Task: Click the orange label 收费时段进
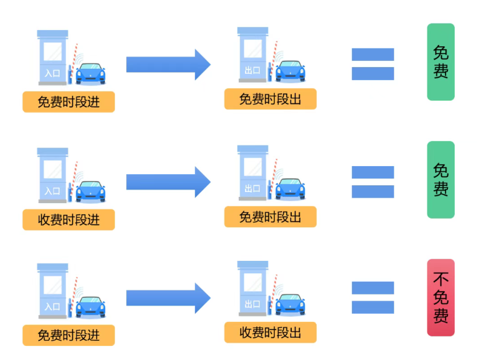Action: tap(69, 220)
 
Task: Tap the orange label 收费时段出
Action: tap(270, 333)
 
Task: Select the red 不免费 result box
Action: tap(441, 298)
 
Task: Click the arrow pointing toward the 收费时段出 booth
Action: tap(169, 298)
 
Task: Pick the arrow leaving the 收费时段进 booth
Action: tap(169, 182)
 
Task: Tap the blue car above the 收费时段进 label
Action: tap(91, 191)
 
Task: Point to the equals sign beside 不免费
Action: tap(373, 298)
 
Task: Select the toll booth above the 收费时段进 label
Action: tap(53, 175)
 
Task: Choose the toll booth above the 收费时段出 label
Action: tap(252, 290)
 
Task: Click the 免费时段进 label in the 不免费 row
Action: tap(69, 336)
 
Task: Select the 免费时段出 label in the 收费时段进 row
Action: tap(270, 217)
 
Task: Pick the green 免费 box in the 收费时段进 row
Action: tap(441, 180)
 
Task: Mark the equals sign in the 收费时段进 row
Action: tap(373, 182)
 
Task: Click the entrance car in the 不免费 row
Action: tap(91, 308)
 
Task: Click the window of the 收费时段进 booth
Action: tap(53, 168)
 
